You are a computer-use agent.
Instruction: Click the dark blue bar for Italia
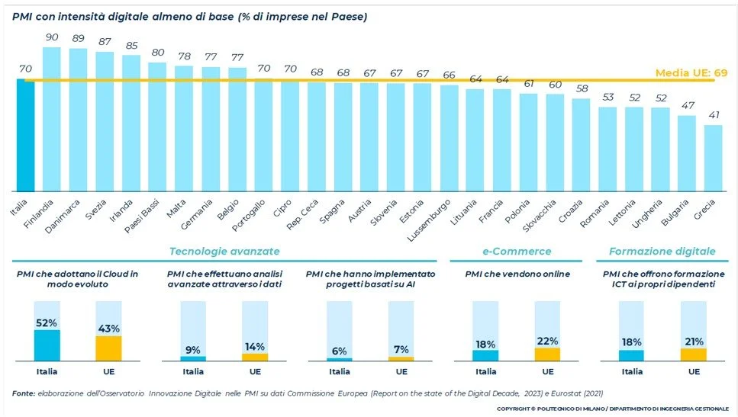[25, 135]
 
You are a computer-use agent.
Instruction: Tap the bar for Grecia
[713, 158]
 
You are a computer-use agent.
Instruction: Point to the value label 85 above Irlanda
[131, 45]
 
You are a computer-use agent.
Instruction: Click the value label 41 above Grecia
[713, 115]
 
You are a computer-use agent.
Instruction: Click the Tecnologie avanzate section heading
[224, 251]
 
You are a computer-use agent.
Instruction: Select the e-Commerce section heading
[517, 251]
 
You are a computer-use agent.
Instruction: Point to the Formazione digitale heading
[662, 251]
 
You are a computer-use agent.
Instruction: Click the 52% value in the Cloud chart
[47, 322]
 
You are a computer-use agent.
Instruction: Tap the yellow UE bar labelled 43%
[108, 348]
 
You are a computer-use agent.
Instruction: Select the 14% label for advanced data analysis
[254, 347]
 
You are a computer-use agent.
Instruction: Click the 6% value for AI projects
[340, 351]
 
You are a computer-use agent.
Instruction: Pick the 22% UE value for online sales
[547, 341]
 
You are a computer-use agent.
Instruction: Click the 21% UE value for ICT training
[693, 342]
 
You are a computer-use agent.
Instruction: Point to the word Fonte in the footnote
[23, 393]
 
